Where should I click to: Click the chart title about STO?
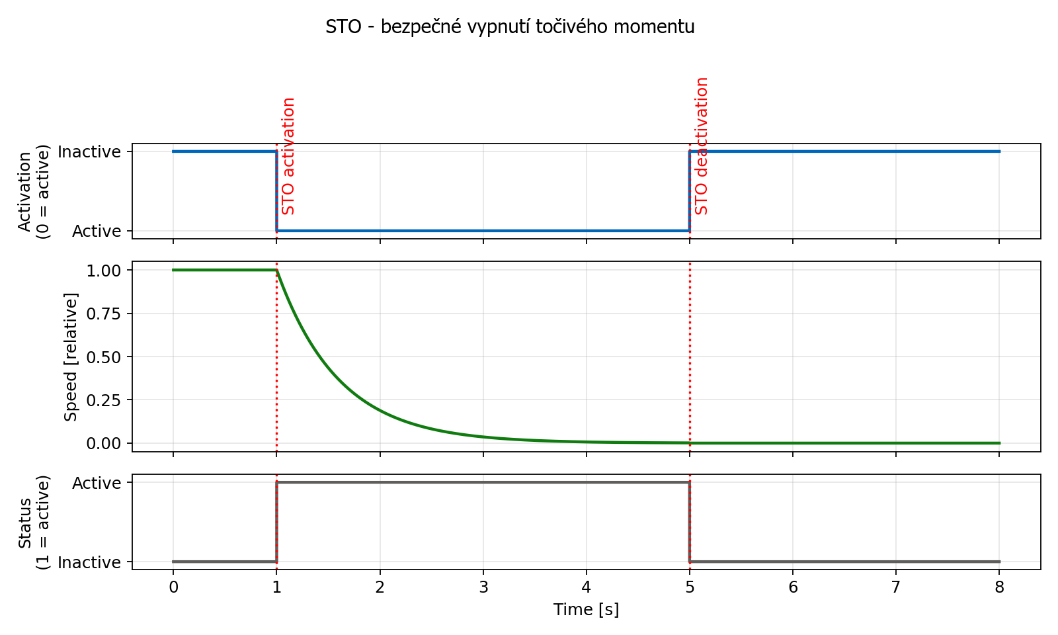(x=510, y=27)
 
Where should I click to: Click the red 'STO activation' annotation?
(x=288, y=156)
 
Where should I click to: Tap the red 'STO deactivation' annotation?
(x=702, y=146)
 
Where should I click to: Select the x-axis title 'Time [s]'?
(x=586, y=609)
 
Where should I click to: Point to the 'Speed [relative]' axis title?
(x=71, y=357)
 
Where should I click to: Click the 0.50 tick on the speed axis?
(x=104, y=357)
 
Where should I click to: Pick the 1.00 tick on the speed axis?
(x=104, y=271)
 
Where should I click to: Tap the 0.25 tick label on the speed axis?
(x=104, y=400)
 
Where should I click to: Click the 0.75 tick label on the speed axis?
(x=104, y=314)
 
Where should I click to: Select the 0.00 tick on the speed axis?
(x=104, y=443)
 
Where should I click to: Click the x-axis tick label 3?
(x=483, y=587)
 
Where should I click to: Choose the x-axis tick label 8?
(x=999, y=587)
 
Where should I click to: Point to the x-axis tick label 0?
(x=173, y=587)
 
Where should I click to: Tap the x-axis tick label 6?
(x=793, y=587)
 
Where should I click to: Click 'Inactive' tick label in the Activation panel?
(x=89, y=152)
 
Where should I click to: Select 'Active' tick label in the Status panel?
(x=97, y=484)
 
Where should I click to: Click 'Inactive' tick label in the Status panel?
(x=89, y=563)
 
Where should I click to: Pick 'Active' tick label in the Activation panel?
(x=97, y=232)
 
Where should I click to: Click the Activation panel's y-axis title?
(x=33, y=191)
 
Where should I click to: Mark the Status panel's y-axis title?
(x=33, y=522)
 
